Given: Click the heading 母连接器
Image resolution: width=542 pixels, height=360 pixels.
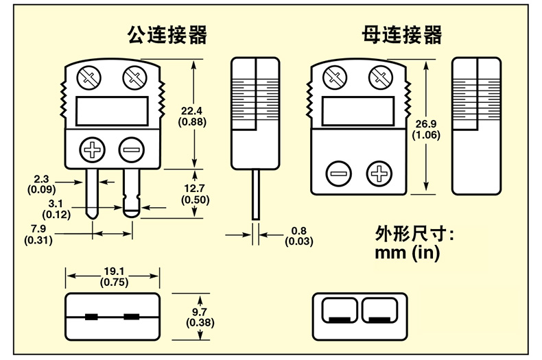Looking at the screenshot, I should point(402,34).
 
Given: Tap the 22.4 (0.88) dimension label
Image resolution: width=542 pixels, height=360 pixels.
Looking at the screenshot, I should point(193,116).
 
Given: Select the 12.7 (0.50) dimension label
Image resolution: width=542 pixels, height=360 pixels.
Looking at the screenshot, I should point(195,194).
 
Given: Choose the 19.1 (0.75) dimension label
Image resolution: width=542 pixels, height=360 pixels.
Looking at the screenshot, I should point(113,276).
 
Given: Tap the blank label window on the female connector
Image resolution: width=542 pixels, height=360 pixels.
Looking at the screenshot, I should point(359,110).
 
